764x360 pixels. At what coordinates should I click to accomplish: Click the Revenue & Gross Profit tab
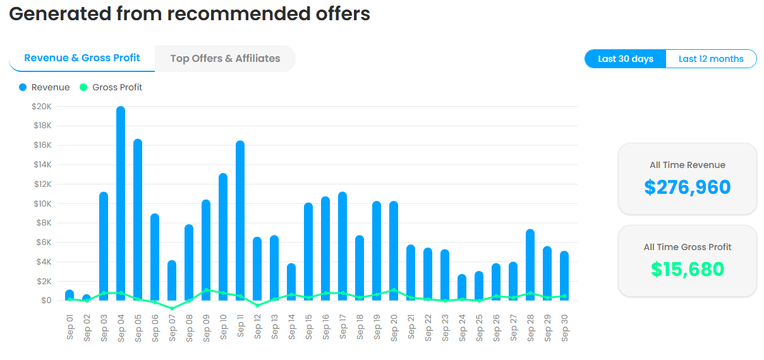tap(82, 58)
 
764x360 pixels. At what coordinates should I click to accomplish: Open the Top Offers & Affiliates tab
tap(225, 59)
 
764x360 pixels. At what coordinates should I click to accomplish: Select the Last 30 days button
tap(625, 59)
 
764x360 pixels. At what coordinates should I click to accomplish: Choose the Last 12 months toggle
tap(711, 59)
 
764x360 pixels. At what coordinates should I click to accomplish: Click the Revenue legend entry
tap(44, 87)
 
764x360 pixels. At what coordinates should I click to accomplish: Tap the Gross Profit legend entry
tap(111, 87)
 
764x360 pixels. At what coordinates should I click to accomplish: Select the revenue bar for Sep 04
tap(121, 202)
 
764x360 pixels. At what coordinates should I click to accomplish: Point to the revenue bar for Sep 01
tap(70, 294)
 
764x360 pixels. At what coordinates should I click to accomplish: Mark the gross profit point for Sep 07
tap(172, 308)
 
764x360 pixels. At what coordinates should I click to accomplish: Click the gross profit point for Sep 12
tap(257, 305)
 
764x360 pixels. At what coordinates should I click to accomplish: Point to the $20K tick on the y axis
tap(42, 106)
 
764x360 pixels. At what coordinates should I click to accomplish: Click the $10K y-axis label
tap(42, 203)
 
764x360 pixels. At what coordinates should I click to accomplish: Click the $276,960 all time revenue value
tap(688, 187)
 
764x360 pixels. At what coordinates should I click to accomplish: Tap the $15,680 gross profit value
tap(688, 269)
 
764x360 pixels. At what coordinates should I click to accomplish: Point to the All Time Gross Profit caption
tap(688, 247)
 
